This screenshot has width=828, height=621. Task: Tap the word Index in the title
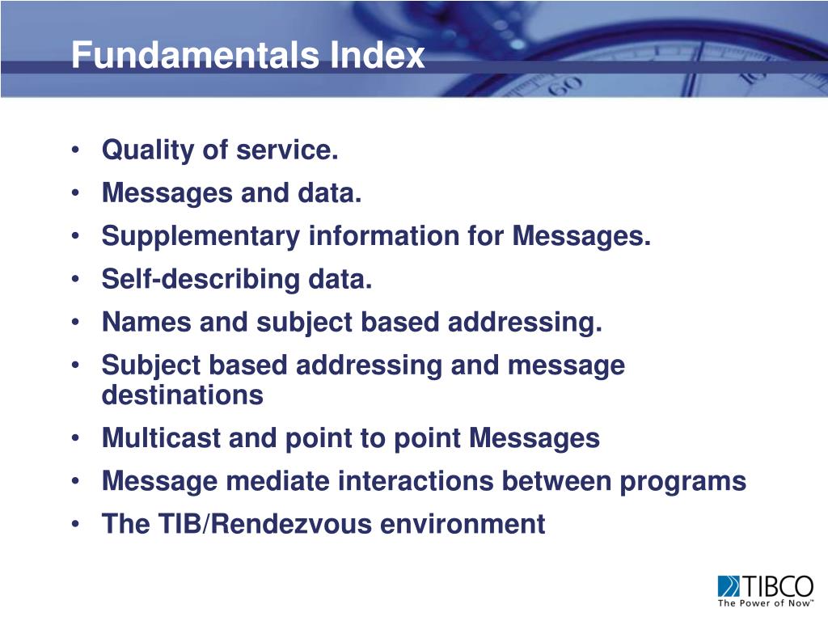(377, 56)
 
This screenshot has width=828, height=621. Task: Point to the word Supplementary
(201, 237)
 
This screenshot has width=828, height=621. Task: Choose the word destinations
(182, 395)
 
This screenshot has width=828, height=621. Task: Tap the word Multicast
(161, 438)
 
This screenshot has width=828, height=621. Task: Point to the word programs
(683, 482)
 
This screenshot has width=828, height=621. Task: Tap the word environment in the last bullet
(463, 524)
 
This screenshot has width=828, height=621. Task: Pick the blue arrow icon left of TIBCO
(727, 585)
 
